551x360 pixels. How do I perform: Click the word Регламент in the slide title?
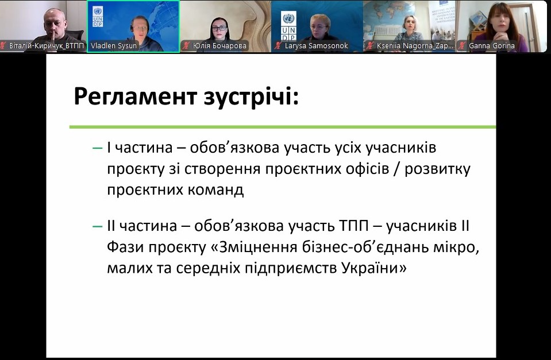coord(135,96)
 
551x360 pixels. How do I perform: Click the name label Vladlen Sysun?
coord(114,46)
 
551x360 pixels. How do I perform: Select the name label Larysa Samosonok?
coord(316,46)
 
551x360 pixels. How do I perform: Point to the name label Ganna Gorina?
coord(492,46)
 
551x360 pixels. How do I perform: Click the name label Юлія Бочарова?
coord(219,46)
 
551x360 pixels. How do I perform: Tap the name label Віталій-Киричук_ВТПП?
coord(47,46)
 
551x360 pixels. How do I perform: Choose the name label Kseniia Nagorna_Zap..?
coord(415,46)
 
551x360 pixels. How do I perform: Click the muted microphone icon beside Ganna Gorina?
coord(463,46)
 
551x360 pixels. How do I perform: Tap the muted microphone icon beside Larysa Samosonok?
coord(278,46)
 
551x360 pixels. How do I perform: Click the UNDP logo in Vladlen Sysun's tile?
coord(98,16)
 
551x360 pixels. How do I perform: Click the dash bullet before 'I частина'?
coord(97,148)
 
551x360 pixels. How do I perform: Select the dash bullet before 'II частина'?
coord(97,227)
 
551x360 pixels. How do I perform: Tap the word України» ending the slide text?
coord(374,268)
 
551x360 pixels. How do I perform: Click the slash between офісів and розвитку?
coord(397,169)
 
